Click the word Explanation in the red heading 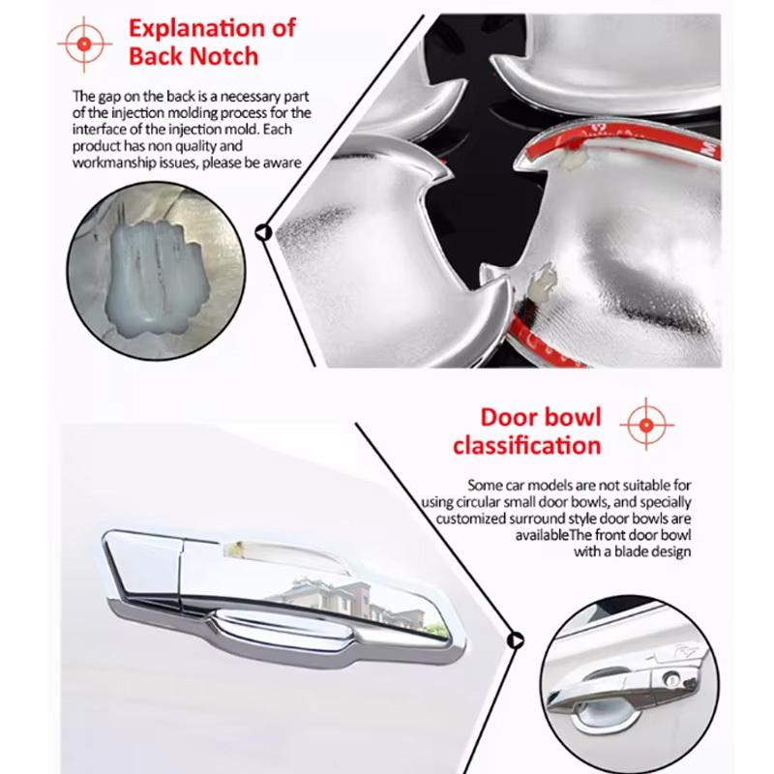[212, 27]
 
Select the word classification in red [526, 446]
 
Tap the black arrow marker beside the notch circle [262, 231]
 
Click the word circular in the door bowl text [477, 502]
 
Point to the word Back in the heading [160, 56]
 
